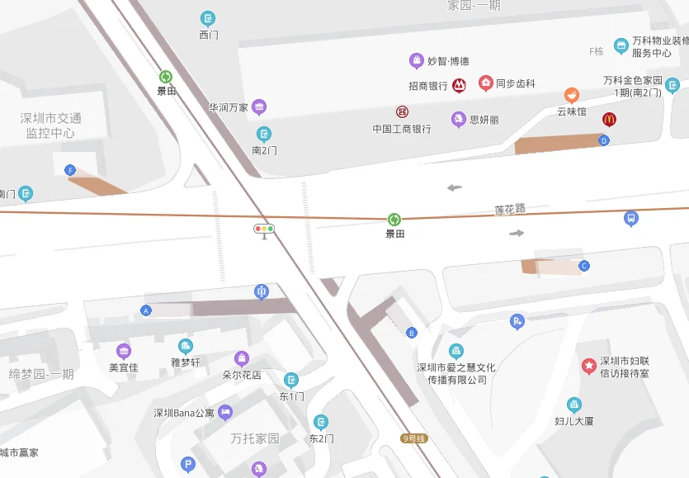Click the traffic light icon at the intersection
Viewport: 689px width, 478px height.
coord(264,229)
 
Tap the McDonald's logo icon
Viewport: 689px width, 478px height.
coord(609,119)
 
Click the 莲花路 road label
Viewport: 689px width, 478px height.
coord(510,209)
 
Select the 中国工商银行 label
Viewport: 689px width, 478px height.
coord(402,129)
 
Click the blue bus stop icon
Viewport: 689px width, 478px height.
coord(630,219)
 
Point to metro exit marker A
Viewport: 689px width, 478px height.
coord(146,310)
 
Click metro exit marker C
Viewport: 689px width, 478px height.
coord(584,265)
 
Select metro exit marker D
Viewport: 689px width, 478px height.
coord(604,140)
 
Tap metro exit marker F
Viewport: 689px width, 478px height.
coord(70,170)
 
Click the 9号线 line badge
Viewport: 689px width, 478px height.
coord(415,438)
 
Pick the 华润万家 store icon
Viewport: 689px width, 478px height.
coord(259,106)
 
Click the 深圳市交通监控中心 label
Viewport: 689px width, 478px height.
coord(50,125)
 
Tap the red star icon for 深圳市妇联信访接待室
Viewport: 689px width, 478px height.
coord(589,365)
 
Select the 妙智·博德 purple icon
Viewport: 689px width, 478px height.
coord(417,60)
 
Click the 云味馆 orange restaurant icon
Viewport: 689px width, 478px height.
coord(571,95)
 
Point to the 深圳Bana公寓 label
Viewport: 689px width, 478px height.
coord(184,413)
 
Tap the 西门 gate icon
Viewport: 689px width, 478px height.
coord(208,18)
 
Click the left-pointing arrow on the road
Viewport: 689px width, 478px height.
coord(455,187)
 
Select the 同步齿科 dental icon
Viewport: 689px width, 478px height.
coord(485,83)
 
